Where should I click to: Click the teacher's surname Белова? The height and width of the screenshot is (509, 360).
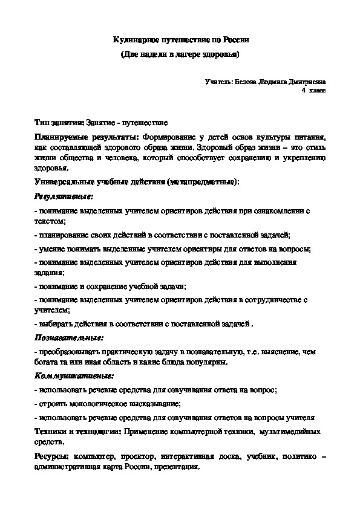[x=244, y=80]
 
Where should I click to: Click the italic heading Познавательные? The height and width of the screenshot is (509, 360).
[x=68, y=337]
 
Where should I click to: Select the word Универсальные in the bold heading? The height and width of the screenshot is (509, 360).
[x=62, y=182]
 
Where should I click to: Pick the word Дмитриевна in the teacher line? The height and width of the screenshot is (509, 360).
[x=306, y=80]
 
